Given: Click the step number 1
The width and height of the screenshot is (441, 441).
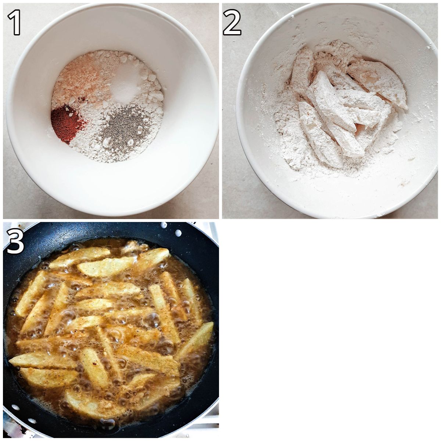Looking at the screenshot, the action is [x=14, y=22].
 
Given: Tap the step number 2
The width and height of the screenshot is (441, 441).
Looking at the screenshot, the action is [x=232, y=22].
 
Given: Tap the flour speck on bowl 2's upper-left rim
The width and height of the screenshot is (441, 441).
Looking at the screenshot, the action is [x=293, y=16].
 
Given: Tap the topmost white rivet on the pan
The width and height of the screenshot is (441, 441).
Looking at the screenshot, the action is [x=164, y=225].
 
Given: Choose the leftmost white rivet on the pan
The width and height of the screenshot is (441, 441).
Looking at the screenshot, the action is [x=15, y=407].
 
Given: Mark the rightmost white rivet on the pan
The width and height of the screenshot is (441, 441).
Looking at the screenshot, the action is [x=178, y=233].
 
